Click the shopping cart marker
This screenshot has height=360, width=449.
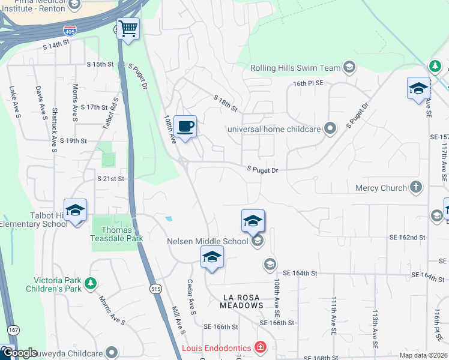coord(127,28)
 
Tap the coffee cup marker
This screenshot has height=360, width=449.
coord(185,127)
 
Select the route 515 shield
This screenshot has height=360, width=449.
coord(156,289)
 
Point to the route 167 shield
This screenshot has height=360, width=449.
coord(13,330)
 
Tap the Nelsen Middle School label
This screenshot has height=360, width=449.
coord(207,241)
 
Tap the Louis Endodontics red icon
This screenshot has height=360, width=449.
coord(261,347)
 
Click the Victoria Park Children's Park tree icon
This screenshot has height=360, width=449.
coord(90,283)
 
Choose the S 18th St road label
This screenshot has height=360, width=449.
coord(226,103)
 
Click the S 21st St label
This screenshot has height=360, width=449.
coord(110,179)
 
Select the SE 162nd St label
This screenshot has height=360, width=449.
coord(406,238)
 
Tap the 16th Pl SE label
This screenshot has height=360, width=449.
coord(308,84)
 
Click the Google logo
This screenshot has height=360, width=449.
coord(20,353)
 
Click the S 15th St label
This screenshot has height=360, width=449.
coord(100,64)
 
